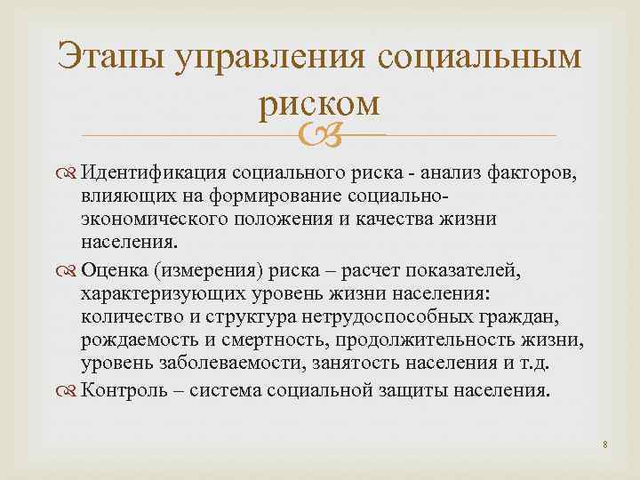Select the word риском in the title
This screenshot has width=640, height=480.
click(320, 103)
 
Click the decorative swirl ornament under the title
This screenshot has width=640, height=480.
click(320, 136)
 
